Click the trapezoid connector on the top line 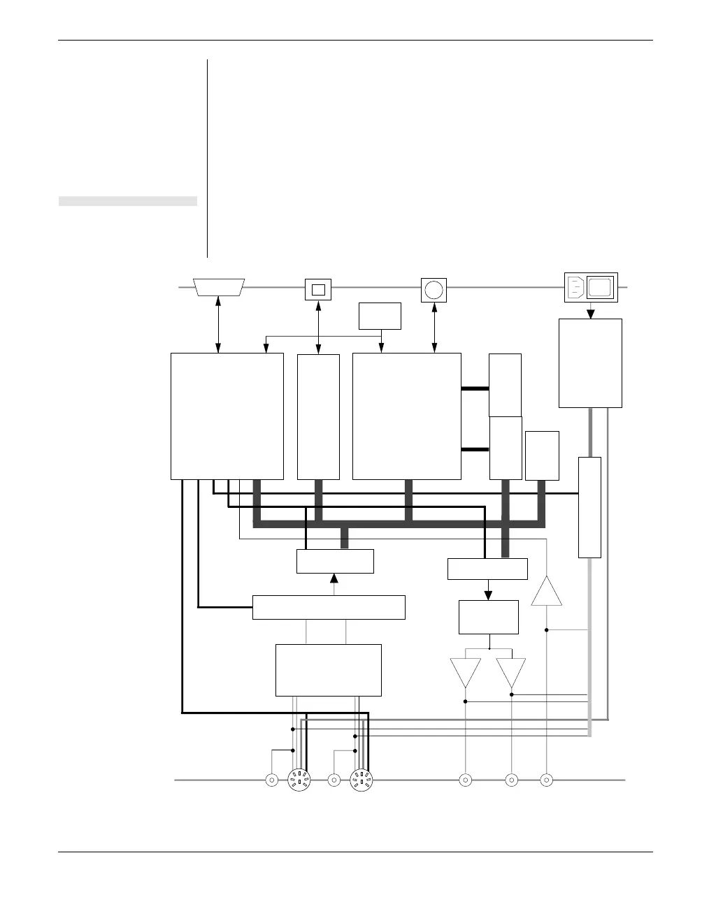click(x=219, y=287)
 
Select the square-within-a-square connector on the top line click(x=318, y=289)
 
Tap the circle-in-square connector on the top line click(x=434, y=289)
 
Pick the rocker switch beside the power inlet click(x=601, y=286)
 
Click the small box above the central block click(x=380, y=316)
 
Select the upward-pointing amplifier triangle click(x=547, y=592)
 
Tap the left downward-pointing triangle click(x=466, y=672)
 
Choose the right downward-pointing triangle click(x=511, y=672)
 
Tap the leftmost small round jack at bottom click(x=271, y=780)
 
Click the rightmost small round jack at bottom click(x=547, y=780)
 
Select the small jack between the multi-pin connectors click(x=334, y=780)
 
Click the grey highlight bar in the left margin click(x=127, y=202)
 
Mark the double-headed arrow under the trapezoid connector click(x=219, y=324)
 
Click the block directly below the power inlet click(x=590, y=363)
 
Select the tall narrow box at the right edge click(x=589, y=507)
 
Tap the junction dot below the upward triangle click(x=547, y=630)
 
